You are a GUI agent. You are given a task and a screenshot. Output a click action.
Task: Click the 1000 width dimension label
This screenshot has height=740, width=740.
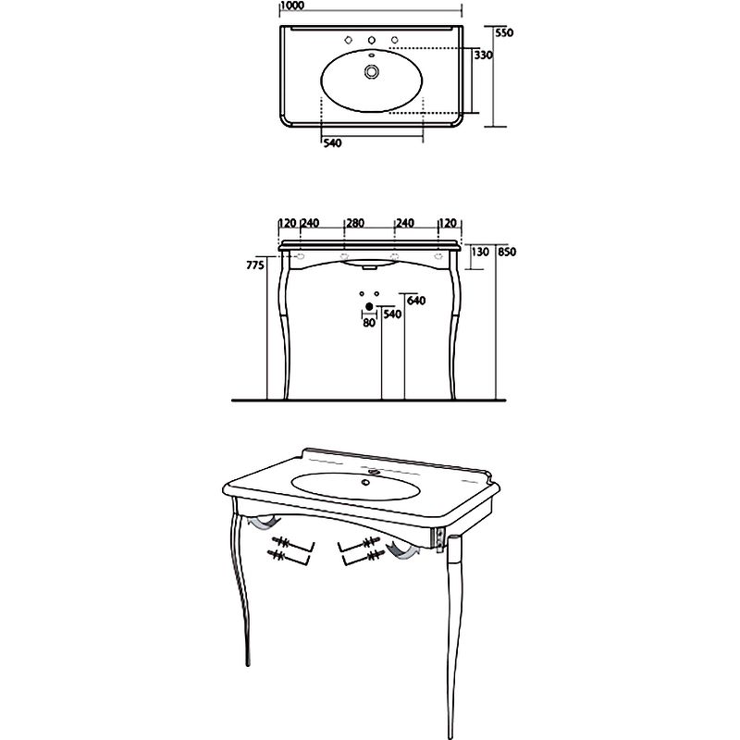pyautogui.click(x=292, y=6)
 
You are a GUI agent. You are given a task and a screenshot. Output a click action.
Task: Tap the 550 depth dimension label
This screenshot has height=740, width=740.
pyautogui.click(x=504, y=33)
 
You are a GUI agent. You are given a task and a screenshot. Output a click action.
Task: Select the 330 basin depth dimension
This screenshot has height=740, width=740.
pyautogui.click(x=483, y=55)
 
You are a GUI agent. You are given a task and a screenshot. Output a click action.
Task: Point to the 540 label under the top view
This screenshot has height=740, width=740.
pyautogui.click(x=333, y=142)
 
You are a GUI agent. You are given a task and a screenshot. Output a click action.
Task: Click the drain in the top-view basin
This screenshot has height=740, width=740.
pyautogui.click(x=372, y=72)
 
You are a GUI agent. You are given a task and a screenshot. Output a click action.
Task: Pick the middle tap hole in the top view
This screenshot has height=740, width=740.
pyautogui.click(x=372, y=40)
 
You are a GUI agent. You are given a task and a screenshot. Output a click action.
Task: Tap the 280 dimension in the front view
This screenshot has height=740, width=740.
pyautogui.click(x=355, y=223)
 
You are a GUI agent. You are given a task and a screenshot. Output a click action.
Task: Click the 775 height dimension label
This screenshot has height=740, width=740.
pyautogui.click(x=255, y=265)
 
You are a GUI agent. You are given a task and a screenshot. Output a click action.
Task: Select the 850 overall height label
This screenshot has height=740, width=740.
pyautogui.click(x=507, y=252)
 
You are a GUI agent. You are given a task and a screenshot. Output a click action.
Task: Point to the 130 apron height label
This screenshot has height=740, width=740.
pyautogui.click(x=480, y=252)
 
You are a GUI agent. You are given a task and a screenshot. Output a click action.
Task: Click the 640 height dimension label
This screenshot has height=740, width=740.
pyautogui.click(x=416, y=301)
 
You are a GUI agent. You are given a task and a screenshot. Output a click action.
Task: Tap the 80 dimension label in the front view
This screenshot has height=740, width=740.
pyautogui.click(x=369, y=323)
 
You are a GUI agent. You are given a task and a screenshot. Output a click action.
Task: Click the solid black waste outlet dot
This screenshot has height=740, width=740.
pyautogui.click(x=369, y=307)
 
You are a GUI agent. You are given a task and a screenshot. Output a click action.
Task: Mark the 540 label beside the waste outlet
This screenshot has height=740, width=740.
pyautogui.click(x=392, y=314)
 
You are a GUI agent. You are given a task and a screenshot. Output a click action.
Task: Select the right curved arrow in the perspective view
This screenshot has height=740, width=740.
pyautogui.click(x=402, y=550)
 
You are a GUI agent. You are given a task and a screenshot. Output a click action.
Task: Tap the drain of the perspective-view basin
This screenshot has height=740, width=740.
pyautogui.click(x=364, y=482)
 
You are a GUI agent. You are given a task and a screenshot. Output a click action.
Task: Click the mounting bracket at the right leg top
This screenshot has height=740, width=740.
pyautogui.click(x=438, y=539)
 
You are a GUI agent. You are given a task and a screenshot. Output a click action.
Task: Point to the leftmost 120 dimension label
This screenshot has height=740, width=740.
pyautogui.click(x=288, y=223)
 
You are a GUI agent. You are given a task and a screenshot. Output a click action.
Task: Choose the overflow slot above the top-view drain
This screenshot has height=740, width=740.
pyautogui.click(x=372, y=55)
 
